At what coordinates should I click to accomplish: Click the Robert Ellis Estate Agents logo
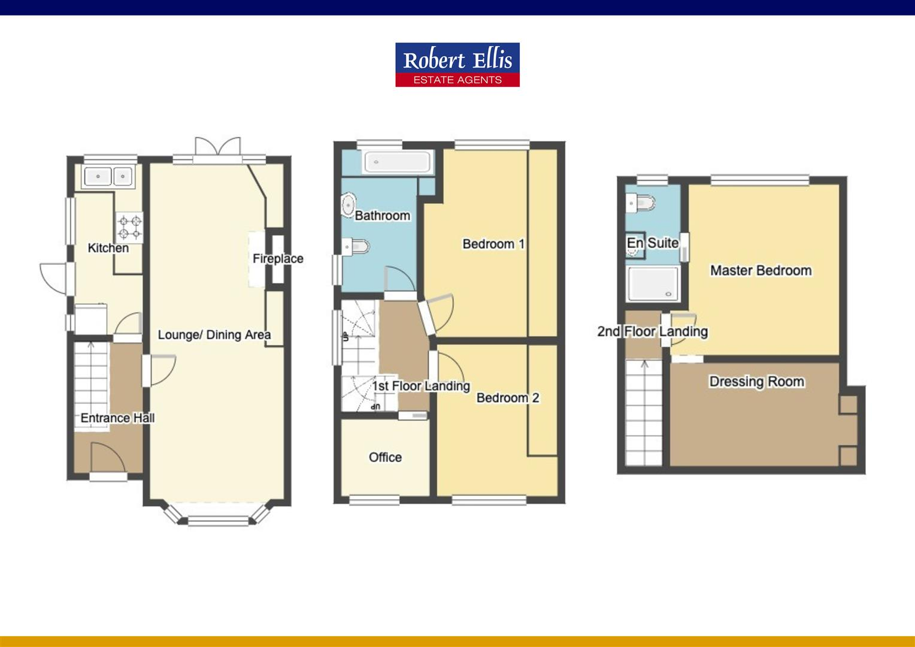[457, 65]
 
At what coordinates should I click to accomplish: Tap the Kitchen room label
[108, 248]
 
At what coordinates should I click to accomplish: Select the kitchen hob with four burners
[129, 227]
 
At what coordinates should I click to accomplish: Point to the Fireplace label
[278, 259]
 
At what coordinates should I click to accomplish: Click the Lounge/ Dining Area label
[214, 335]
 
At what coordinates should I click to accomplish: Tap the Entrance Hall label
[117, 418]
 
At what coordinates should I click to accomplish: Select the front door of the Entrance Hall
[108, 458]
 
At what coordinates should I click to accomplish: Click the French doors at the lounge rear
[217, 148]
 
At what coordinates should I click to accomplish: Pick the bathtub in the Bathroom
[398, 162]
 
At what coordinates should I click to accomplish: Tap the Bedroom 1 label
[493, 244]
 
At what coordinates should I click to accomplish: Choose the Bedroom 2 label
[508, 398]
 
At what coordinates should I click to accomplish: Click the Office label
[385, 457]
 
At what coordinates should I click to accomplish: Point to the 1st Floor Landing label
[421, 386]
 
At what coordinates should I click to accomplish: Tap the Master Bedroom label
[761, 270]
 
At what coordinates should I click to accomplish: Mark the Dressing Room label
[756, 382]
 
